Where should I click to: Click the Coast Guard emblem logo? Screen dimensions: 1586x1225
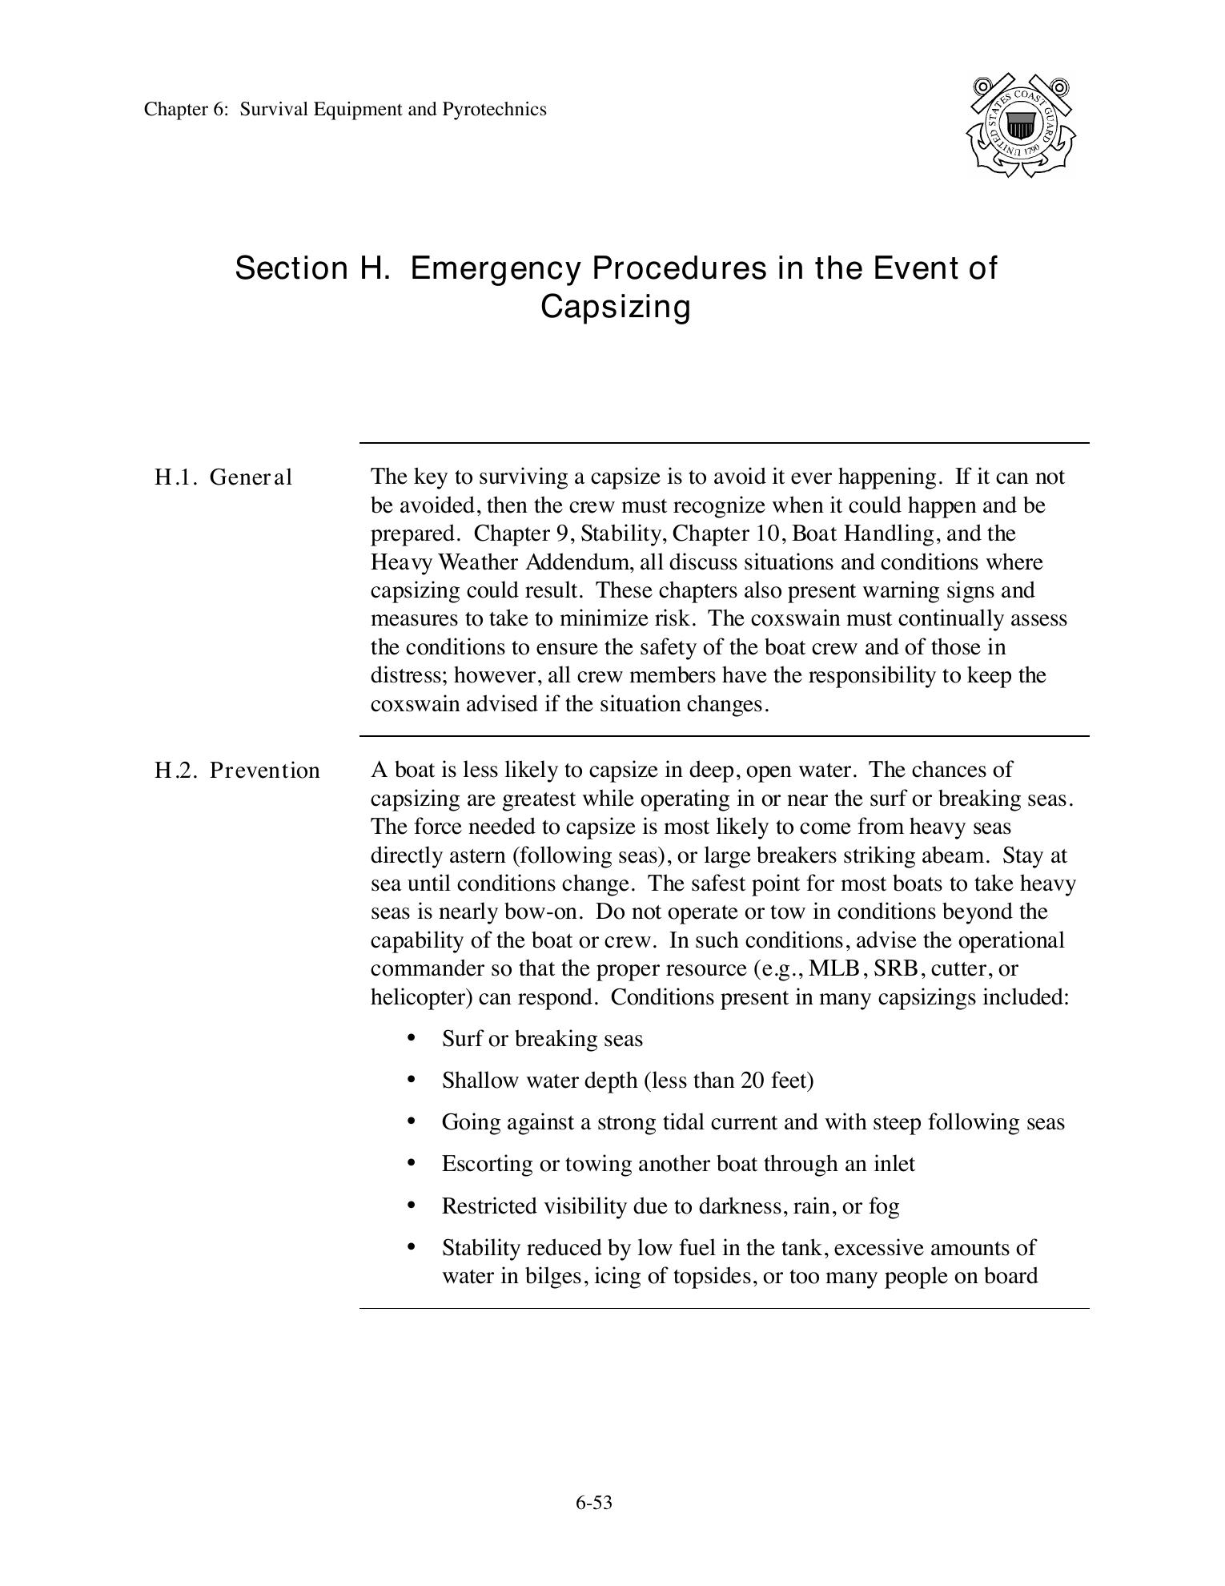click(1021, 126)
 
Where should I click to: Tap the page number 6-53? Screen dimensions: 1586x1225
click(593, 1502)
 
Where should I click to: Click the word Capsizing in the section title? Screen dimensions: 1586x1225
click(615, 306)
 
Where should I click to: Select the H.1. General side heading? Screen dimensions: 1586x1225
click(223, 477)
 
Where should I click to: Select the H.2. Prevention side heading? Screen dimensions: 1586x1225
click(237, 771)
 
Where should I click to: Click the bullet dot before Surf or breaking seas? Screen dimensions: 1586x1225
click(412, 1038)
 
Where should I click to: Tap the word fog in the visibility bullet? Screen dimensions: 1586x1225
click(884, 1206)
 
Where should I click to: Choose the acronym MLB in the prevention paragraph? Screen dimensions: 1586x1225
click(834, 968)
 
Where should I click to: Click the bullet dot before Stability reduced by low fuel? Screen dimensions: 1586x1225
click(412, 1247)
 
